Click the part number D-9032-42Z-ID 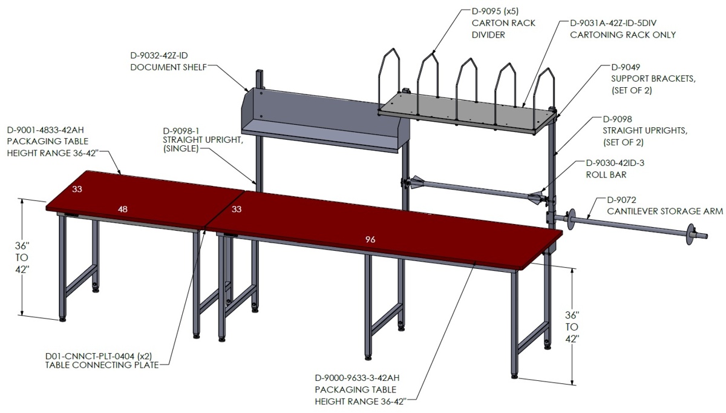[x=159, y=56]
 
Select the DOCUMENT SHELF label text [x=169, y=67]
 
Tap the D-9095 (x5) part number [x=495, y=12]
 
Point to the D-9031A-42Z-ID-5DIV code [x=613, y=23]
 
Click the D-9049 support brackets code [x=626, y=67]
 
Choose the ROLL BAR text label [x=606, y=174]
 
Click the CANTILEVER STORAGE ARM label [x=665, y=211]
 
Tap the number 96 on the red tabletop [x=370, y=239]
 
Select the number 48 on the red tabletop [x=122, y=210]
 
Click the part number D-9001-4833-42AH [x=45, y=130]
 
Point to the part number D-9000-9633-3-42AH [x=357, y=378]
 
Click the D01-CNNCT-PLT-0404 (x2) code [x=99, y=356]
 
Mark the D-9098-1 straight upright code [x=181, y=131]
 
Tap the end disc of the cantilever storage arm [x=691, y=234]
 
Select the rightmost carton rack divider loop [x=544, y=99]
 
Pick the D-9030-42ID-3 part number [x=615, y=163]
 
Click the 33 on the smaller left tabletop [x=77, y=189]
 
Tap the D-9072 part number [x=621, y=199]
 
